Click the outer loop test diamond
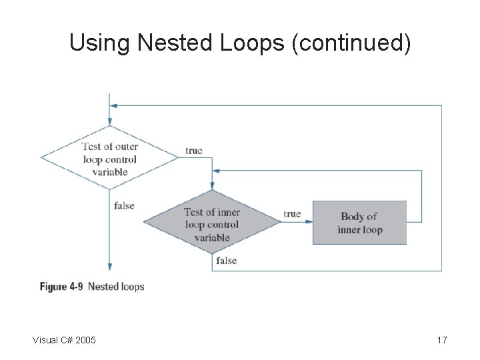pyautogui.click(x=109, y=159)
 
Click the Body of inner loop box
pyautogui.click(x=359, y=223)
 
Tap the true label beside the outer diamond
pyautogui.click(x=193, y=151)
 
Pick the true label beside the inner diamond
pyautogui.click(x=292, y=214)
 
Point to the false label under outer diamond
pyautogui.click(x=124, y=205)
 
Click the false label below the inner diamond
pyautogui.click(x=226, y=261)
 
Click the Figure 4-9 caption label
pyautogui.click(x=63, y=287)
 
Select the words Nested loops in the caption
pyautogui.click(x=116, y=287)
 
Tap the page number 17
pyautogui.click(x=441, y=341)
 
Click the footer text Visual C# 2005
pyautogui.click(x=64, y=341)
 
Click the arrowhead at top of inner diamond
pyautogui.click(x=212, y=187)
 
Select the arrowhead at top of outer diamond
pyautogui.click(x=109, y=122)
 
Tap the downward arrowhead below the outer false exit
pyautogui.click(x=109, y=266)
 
